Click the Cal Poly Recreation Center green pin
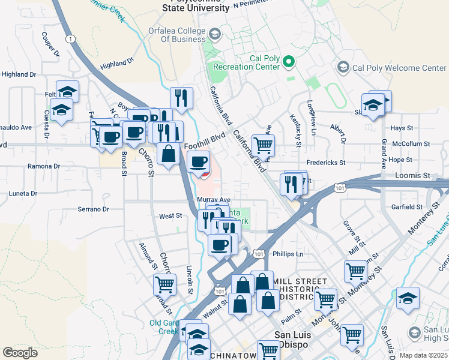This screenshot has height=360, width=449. click(x=289, y=61)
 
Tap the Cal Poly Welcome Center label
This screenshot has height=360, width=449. click(x=400, y=68)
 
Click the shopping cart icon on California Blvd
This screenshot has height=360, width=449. click(x=263, y=145)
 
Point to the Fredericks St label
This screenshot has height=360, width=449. click(x=325, y=163)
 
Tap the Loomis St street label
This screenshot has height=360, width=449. click(x=413, y=176)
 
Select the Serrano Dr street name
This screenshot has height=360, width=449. click(x=92, y=209)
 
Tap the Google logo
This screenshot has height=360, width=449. click(x=20, y=353)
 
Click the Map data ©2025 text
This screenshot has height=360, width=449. click(x=423, y=355)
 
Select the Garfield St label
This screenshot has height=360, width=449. click(x=408, y=207)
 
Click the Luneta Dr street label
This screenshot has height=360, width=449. click(x=23, y=194)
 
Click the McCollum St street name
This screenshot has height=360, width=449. click(x=411, y=144)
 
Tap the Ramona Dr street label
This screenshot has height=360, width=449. click(x=43, y=166)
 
